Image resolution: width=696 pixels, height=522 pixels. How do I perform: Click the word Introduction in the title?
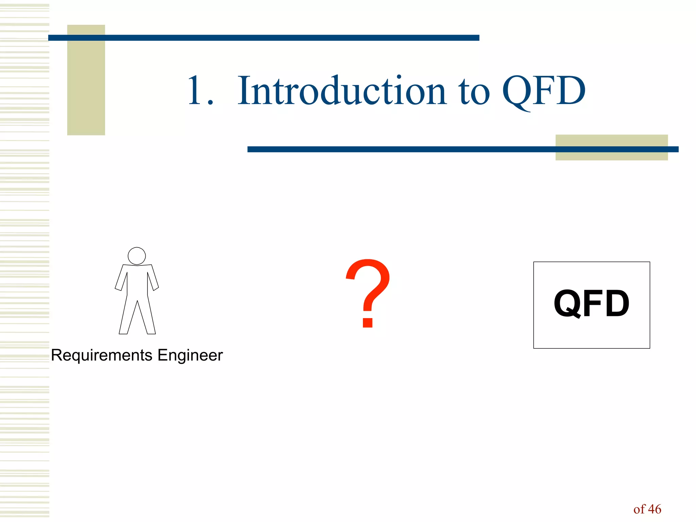(341, 91)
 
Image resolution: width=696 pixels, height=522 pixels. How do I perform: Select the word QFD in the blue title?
(544, 91)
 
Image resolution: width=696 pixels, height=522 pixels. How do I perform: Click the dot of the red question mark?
(368, 321)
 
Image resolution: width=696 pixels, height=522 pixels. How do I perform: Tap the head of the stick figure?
(137, 256)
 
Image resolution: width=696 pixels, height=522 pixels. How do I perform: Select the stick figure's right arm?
(153, 278)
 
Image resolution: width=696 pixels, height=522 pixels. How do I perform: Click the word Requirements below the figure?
(101, 355)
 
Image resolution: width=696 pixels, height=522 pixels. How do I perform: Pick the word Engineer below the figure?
(190, 355)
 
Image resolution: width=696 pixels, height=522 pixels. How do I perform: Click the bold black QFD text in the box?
(591, 303)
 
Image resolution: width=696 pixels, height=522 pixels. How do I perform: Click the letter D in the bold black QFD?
(616, 303)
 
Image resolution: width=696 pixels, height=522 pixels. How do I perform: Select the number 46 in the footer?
(655, 509)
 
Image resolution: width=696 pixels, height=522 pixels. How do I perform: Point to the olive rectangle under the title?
(611, 155)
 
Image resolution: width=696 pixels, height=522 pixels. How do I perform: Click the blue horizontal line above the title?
(263, 38)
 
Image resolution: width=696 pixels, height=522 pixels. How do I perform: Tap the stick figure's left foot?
(123, 331)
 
